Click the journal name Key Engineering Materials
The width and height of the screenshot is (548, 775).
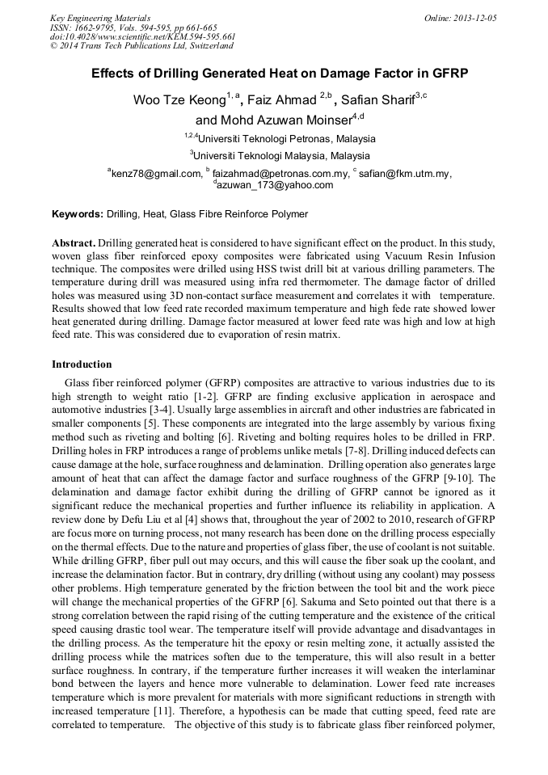[100, 18]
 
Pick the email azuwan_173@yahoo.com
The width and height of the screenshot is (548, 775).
[275, 185]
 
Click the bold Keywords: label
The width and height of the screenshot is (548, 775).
[78, 214]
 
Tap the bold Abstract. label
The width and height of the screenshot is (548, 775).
[74, 242]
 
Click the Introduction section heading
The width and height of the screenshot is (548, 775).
[82, 364]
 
